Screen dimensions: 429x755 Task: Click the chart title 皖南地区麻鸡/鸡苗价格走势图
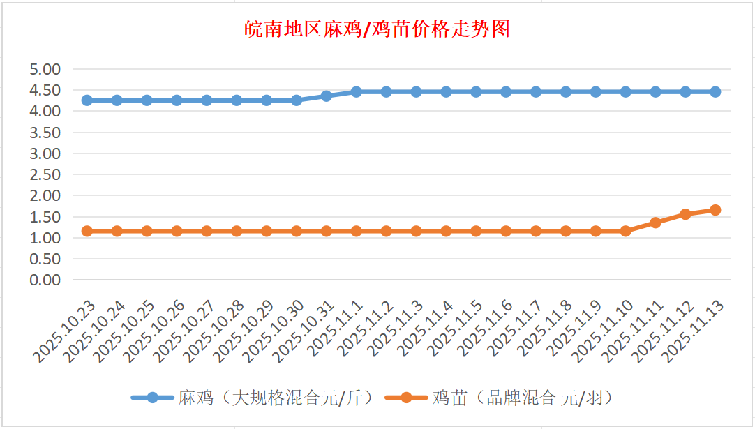click(377, 30)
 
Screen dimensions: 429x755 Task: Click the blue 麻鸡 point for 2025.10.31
click(326, 96)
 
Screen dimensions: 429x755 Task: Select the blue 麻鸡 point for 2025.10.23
click(87, 100)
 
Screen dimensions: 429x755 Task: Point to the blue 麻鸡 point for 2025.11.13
click(715, 91)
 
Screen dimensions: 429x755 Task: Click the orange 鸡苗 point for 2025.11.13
click(715, 210)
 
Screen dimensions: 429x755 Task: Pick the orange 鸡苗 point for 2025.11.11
click(655, 223)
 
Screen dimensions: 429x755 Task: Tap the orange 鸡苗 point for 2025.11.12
click(685, 214)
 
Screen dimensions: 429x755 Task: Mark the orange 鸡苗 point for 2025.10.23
click(87, 231)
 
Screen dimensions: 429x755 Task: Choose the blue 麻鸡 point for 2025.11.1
click(356, 91)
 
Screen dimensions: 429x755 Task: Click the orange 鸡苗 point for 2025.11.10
click(625, 231)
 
